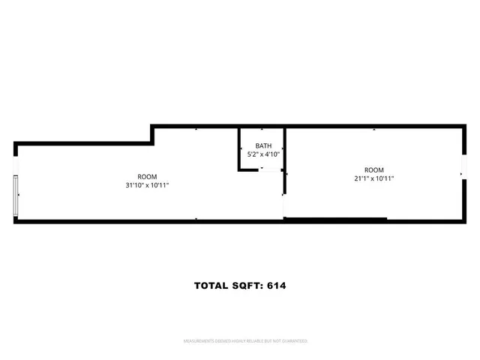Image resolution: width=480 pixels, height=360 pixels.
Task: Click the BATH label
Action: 263,145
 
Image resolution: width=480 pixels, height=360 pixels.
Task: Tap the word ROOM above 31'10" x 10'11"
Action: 147,176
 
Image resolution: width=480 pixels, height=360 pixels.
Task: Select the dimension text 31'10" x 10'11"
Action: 147,185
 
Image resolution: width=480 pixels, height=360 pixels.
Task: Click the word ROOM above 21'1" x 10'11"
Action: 373,169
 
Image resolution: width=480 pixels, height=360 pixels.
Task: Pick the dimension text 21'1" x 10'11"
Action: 373,178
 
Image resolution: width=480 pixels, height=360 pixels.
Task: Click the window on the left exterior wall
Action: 16,196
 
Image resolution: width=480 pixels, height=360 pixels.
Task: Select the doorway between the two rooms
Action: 284,205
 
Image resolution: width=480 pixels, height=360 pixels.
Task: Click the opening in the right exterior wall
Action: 462,175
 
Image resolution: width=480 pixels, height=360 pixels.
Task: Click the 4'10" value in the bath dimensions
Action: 272,154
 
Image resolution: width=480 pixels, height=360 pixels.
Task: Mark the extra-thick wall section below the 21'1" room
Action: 335,219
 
